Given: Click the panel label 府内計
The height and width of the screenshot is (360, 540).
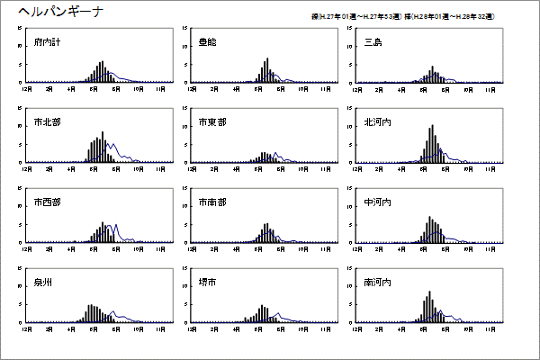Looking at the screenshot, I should click(47, 42).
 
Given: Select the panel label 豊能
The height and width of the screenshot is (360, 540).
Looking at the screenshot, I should click(208, 42).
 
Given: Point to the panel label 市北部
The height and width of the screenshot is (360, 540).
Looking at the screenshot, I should click(47, 122).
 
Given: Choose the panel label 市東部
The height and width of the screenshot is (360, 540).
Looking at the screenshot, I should click(211, 122).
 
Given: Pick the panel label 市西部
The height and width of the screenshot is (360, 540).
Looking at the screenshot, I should click(47, 202).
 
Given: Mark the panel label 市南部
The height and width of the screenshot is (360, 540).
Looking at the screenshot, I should click(211, 202).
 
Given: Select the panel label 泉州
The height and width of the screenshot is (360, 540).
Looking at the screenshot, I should click(43, 282).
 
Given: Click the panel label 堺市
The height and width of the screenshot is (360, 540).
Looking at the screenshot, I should click(208, 282).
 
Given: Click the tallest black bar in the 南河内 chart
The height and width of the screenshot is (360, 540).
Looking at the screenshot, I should click(430, 306).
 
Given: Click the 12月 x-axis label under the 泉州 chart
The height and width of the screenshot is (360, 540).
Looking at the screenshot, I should click(27, 328).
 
